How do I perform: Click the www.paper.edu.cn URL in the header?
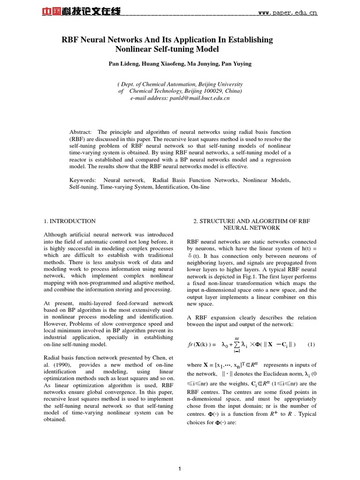point(288,13)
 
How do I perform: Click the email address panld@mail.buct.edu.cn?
point(199,98)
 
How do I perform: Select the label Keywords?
point(82,180)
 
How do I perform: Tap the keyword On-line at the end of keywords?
point(199,187)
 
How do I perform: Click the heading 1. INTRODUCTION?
point(70,221)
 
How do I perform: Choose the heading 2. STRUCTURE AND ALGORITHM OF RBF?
point(251,221)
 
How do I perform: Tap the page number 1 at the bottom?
point(180,468)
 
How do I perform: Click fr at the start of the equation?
point(190,345)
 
